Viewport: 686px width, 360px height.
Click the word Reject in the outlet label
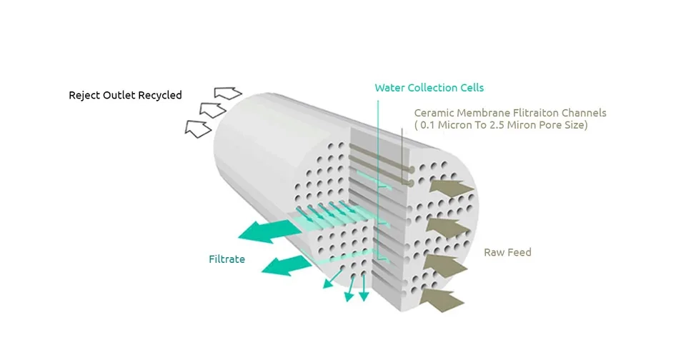(x=84, y=95)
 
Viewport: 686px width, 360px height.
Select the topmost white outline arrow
(x=228, y=93)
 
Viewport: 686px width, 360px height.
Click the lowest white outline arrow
(x=198, y=129)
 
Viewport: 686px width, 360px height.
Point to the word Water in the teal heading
(x=389, y=88)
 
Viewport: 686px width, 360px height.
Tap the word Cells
(x=472, y=88)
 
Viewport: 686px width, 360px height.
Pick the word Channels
(x=583, y=113)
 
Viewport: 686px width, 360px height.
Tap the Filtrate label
(x=227, y=259)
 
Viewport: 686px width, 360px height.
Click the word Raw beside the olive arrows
(x=494, y=252)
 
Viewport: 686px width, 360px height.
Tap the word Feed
(x=520, y=252)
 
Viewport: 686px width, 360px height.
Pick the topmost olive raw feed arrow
(x=452, y=188)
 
